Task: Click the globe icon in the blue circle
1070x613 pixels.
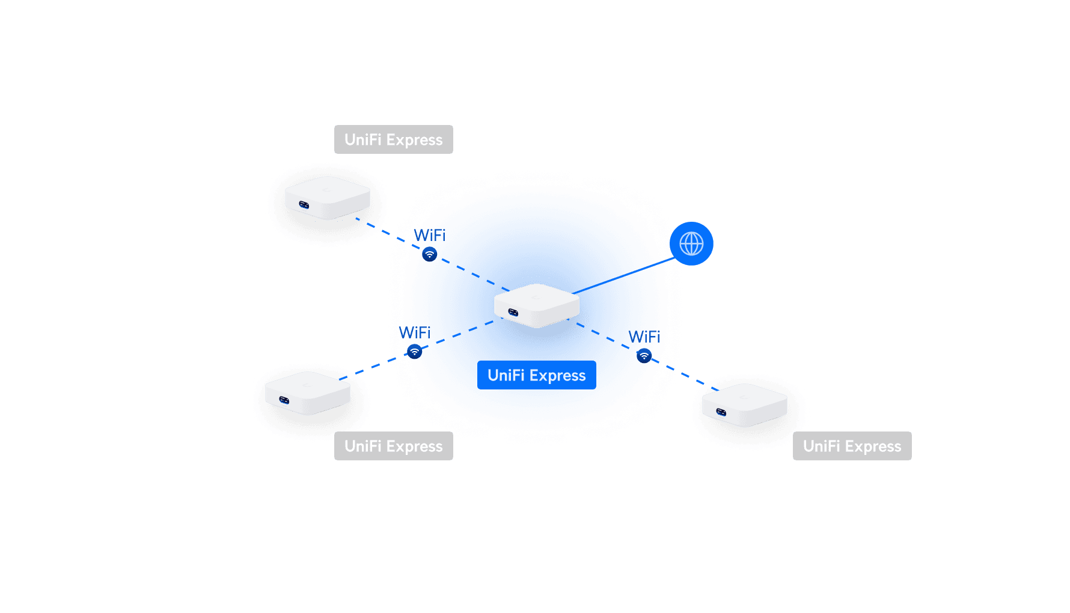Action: pos(691,244)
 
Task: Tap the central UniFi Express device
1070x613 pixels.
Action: pos(536,305)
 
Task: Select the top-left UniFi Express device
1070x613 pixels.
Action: pos(327,198)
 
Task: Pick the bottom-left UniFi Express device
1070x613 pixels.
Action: pos(307,393)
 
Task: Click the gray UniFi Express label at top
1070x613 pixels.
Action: pos(393,139)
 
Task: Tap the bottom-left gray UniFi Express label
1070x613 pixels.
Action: pos(393,446)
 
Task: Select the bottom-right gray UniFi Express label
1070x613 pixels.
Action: pos(852,446)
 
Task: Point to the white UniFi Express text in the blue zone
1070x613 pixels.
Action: pos(536,376)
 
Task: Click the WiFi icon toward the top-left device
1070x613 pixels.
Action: pos(429,255)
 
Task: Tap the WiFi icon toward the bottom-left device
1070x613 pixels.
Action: pos(414,352)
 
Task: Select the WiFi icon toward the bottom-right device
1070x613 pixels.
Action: pos(644,356)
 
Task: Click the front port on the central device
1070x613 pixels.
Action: pos(513,312)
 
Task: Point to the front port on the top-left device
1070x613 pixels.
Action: pos(304,206)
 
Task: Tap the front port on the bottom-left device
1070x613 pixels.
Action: pos(284,400)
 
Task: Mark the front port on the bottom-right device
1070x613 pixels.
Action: pos(721,412)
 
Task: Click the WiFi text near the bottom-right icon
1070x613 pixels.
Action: pos(641,337)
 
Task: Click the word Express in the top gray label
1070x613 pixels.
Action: pos(414,140)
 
